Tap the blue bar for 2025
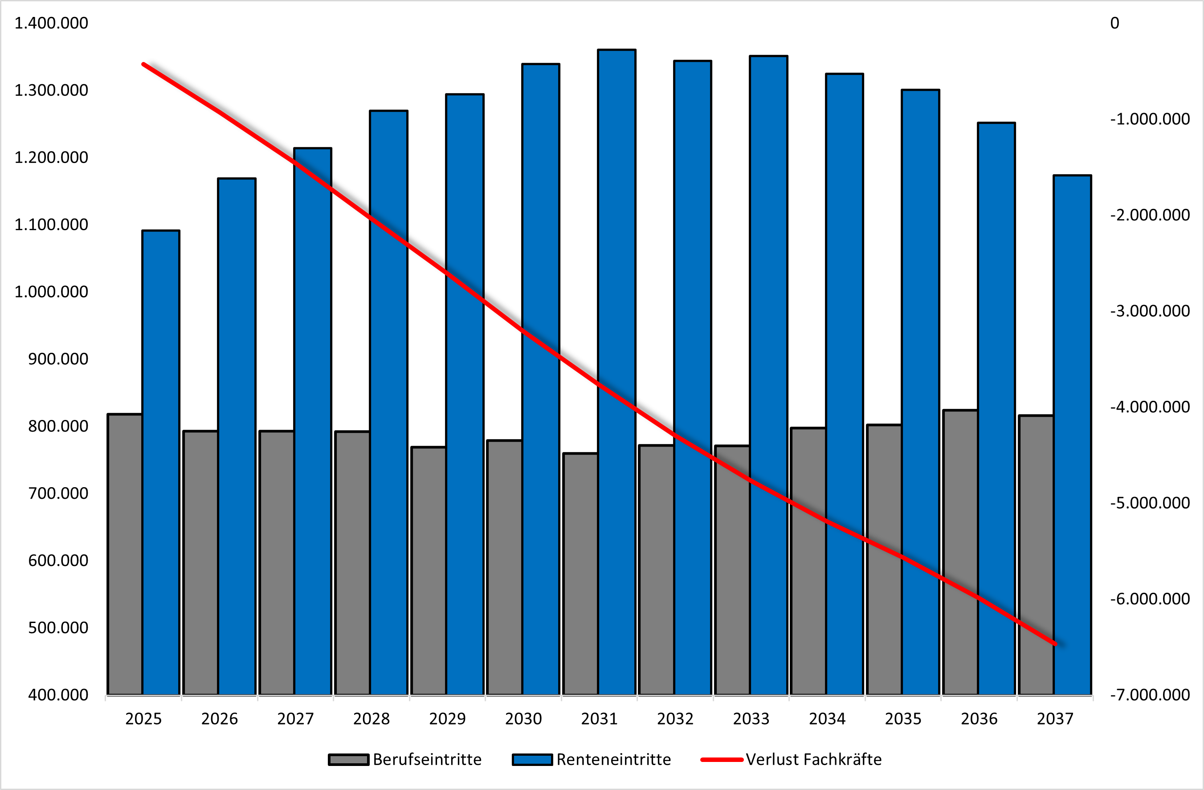click(161, 455)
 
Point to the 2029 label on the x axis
click(447, 719)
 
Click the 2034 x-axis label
click(827, 719)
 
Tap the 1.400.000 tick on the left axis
click(51, 23)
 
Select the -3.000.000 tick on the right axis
click(1149, 311)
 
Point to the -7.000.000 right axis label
click(1149, 695)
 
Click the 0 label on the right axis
click(1114, 23)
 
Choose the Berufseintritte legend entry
click(405, 760)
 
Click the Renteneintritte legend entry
click(592, 760)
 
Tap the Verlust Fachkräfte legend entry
click(792, 760)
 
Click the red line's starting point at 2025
click(144, 64)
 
